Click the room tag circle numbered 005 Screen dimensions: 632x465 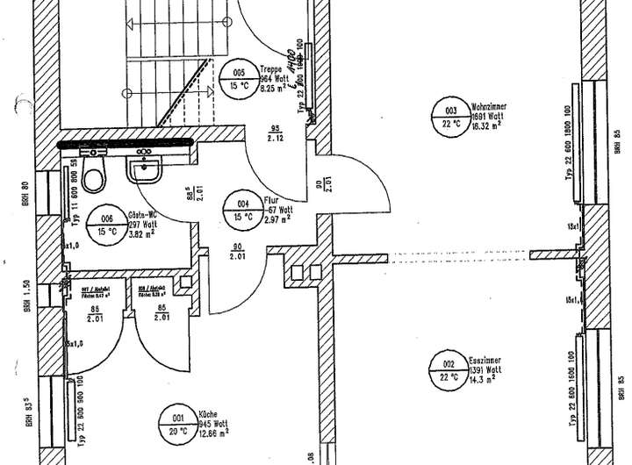(239, 77)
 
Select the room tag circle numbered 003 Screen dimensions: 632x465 (450, 118)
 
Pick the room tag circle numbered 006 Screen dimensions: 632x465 (107, 225)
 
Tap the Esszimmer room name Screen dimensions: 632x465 (485, 359)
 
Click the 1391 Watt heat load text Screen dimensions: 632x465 (485, 369)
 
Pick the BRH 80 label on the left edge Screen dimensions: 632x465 (26, 191)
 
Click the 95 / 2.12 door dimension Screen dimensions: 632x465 (275, 132)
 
